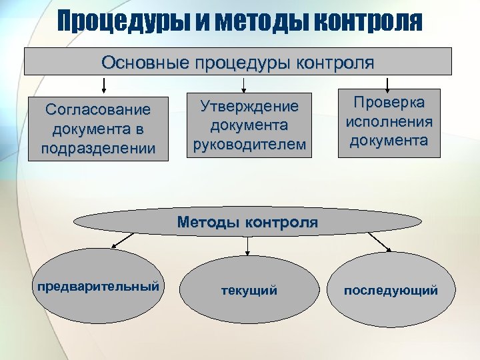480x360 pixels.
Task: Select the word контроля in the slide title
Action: [367, 21]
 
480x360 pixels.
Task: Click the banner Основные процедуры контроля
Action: [238, 62]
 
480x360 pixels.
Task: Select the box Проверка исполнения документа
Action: [389, 123]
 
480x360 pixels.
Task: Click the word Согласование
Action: [97, 109]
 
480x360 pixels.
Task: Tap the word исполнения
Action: [389, 122]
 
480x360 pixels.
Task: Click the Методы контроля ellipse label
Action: [247, 222]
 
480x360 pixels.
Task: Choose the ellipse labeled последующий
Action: [391, 290]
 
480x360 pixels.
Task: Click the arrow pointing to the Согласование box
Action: [103, 85]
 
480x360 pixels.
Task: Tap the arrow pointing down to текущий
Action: [248, 246]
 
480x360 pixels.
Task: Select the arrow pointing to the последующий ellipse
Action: [385, 244]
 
